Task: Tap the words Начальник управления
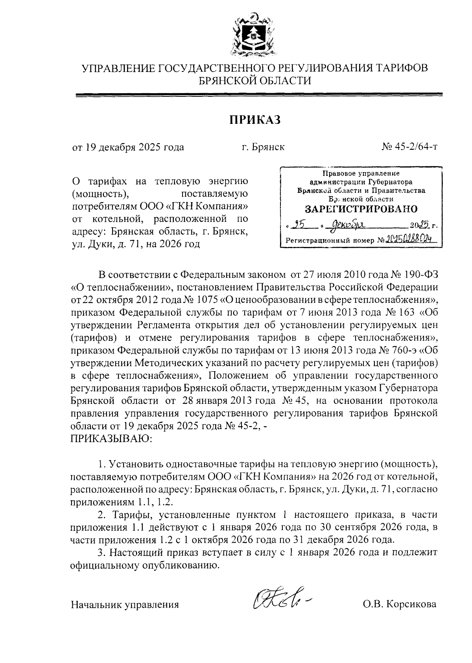(x=125, y=604)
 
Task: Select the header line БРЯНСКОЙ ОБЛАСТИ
(x=254, y=81)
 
